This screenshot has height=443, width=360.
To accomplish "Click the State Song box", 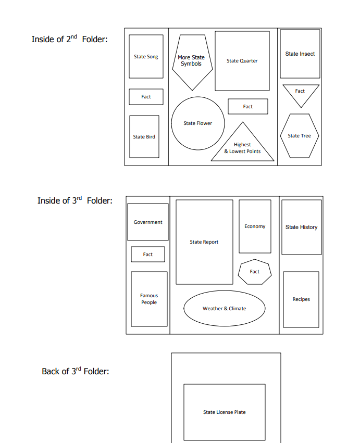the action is (x=146, y=57).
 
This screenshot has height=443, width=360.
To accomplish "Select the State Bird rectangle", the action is (x=144, y=136).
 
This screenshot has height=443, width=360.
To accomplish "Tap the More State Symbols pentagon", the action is (x=192, y=61).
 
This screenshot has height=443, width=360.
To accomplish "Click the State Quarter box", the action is (x=242, y=61).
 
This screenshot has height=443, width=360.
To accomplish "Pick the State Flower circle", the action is (x=198, y=123).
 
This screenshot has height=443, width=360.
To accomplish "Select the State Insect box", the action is (x=300, y=54).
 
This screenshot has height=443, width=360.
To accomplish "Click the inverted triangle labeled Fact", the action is (x=301, y=93).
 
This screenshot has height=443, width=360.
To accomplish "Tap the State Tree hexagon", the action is (x=300, y=136).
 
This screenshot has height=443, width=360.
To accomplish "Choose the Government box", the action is (x=148, y=222).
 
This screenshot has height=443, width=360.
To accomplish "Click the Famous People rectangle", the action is (x=149, y=299).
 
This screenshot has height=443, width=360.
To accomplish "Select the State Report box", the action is (x=204, y=242).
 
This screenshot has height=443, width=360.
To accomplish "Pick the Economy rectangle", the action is (x=255, y=226).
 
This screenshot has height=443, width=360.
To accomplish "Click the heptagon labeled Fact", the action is (x=255, y=272).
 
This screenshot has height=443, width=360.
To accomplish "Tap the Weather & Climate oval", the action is (x=225, y=308).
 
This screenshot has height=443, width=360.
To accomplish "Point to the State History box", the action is (x=302, y=227).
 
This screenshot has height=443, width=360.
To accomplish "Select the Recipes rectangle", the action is (x=301, y=299).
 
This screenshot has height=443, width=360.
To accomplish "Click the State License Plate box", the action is (x=225, y=412).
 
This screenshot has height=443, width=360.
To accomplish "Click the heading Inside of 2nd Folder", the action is (x=70, y=39).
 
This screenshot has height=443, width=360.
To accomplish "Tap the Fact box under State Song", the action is (x=146, y=97).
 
